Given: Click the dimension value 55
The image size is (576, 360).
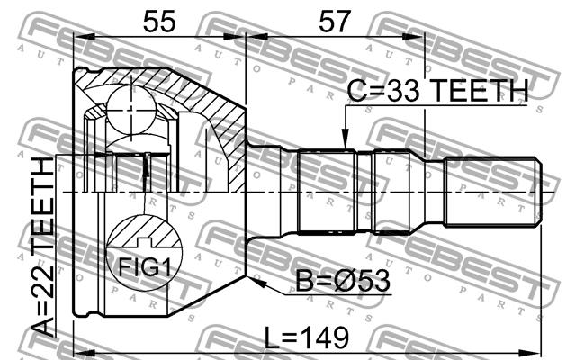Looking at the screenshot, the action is tap(159, 22).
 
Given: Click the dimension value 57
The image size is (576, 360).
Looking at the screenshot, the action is tap(334, 22).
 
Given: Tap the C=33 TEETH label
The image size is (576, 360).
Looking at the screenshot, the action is tap(437, 90).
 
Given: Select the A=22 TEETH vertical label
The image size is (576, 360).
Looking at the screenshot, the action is tap(43, 247).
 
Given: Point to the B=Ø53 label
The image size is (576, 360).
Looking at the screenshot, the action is tap(343, 281).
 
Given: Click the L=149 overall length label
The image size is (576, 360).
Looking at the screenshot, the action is tap(306, 338).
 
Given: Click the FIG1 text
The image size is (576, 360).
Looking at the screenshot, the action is tap(145, 267).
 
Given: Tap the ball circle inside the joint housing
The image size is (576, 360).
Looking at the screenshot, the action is tap(131, 109).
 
